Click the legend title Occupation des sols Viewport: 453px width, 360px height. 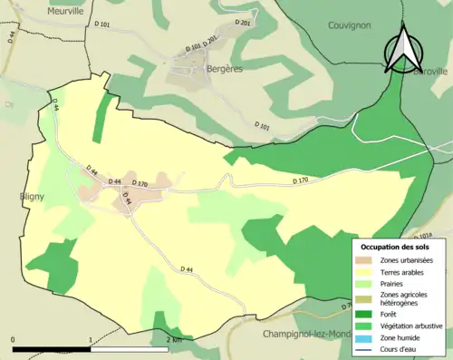398,246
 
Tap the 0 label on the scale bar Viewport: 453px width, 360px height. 13,340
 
